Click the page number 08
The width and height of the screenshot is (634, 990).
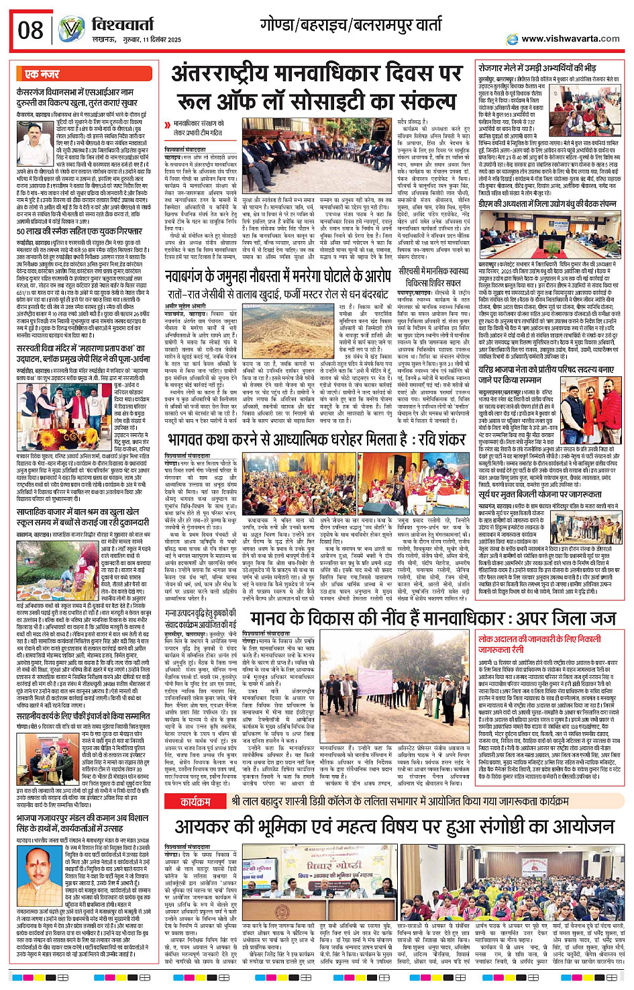tap(31, 30)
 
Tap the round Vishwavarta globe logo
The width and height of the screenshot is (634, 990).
tap(70, 30)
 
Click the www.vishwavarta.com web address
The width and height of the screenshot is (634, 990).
tap(570, 38)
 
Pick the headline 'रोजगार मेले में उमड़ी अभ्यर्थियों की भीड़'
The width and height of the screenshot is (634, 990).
tap(537, 68)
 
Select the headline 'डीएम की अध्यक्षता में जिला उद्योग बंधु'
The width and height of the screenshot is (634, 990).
tap(547, 204)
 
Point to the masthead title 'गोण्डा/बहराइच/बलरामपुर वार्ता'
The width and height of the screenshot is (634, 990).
tap(351, 25)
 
